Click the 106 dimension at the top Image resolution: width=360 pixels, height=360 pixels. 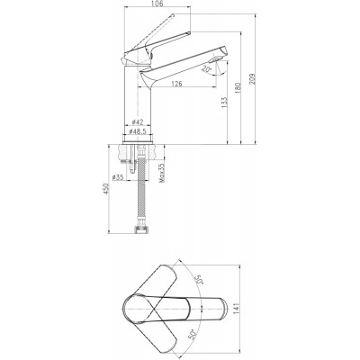pos(157,4)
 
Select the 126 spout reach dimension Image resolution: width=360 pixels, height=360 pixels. pos(176,84)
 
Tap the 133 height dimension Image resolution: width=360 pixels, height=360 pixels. pos(224,103)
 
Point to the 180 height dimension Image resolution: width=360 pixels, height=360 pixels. pos(238,88)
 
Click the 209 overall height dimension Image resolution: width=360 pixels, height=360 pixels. pos(252,78)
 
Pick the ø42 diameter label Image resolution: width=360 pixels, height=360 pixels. pos(138,122)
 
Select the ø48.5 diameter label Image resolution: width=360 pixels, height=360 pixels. pos(138,131)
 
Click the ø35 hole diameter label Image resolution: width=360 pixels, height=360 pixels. pos(118,177)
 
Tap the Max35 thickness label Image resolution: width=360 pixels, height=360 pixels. pos(162,173)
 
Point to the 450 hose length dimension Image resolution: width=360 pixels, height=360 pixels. pos(106,189)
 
